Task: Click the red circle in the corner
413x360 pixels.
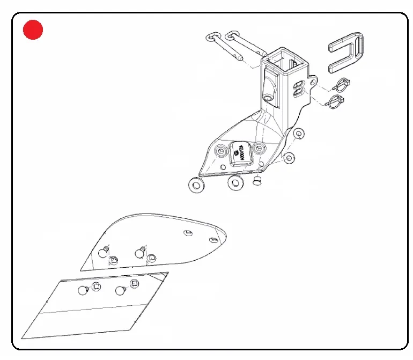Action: coord(33,30)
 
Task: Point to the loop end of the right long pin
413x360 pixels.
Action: coord(232,36)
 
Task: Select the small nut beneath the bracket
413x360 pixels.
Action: coord(257,181)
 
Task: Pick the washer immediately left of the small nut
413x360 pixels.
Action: coord(235,182)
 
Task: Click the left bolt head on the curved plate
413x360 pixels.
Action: coord(105,251)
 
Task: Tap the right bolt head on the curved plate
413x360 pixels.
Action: coord(141,251)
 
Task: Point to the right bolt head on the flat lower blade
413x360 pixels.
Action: coord(119,291)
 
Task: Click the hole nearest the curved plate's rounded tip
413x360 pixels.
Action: coord(213,239)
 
